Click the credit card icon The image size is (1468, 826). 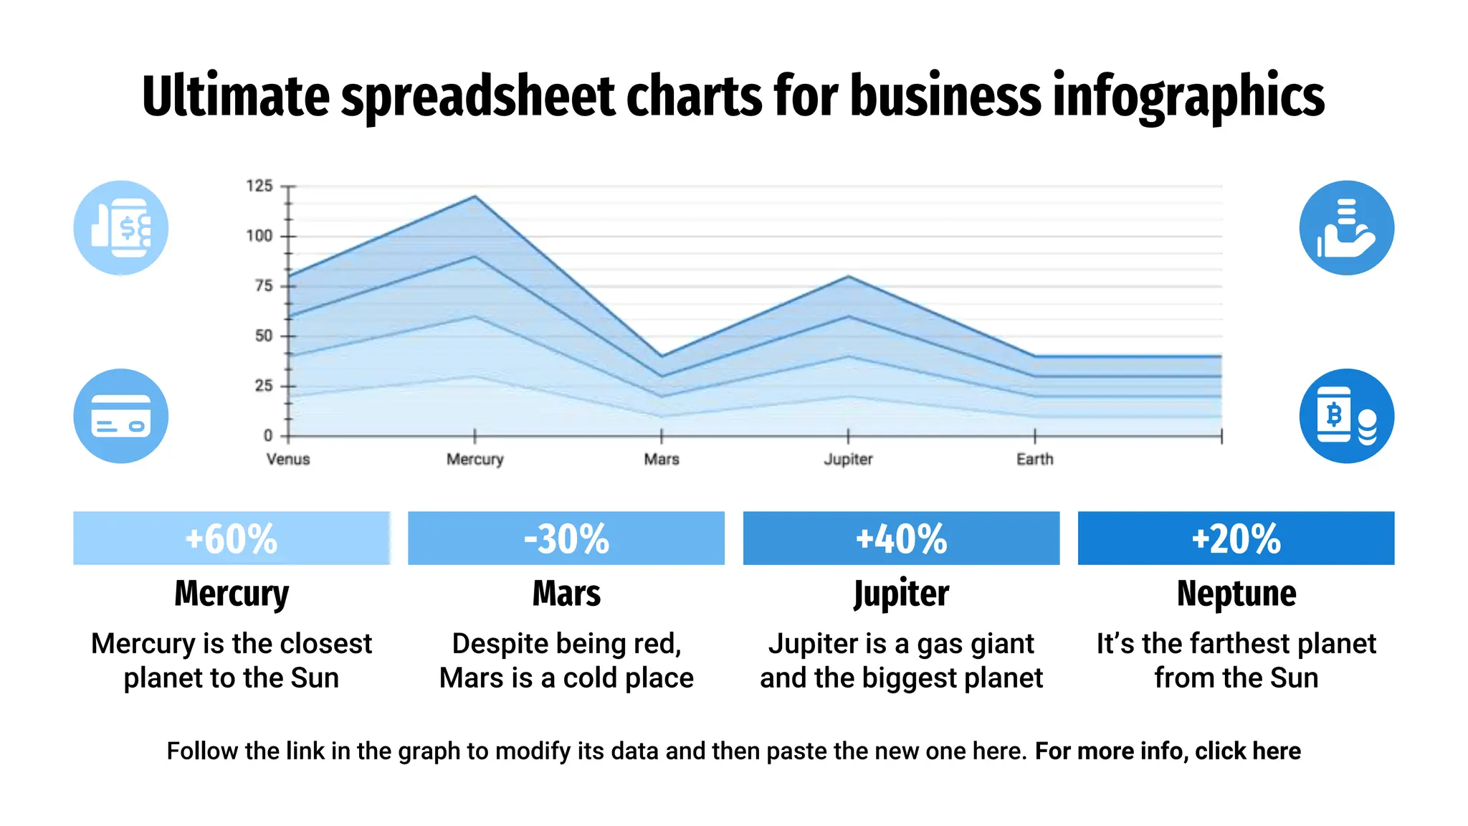[x=120, y=416]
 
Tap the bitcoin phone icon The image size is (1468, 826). [x=1346, y=416]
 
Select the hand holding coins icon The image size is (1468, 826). [x=1346, y=228]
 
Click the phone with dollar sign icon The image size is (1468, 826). [x=120, y=228]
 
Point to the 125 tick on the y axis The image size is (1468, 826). [x=259, y=186]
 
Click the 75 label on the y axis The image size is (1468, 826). [x=264, y=286]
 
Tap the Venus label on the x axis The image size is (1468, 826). [x=288, y=459]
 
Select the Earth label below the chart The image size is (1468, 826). [x=1034, y=459]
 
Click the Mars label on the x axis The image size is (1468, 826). [x=661, y=459]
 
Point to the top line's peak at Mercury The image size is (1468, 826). [x=475, y=196]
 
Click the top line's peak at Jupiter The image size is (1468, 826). [x=848, y=276]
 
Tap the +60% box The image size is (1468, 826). [x=231, y=538]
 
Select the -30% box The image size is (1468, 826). [x=566, y=538]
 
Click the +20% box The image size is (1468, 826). [x=1236, y=538]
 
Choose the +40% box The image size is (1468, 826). [x=901, y=538]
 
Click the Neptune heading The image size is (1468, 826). [x=1236, y=594]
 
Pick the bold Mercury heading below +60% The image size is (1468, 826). [x=231, y=594]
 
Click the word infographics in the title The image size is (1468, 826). [x=1188, y=97]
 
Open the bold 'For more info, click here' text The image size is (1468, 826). [x=1167, y=751]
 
